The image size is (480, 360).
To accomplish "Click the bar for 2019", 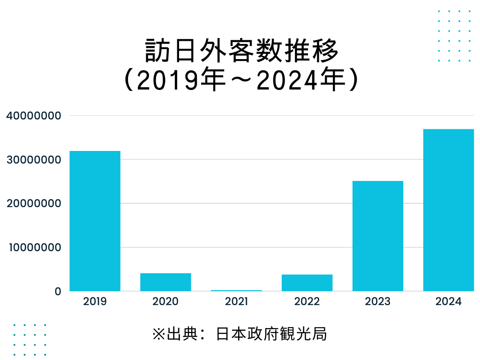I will [95, 221].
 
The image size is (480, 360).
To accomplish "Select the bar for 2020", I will [165, 282].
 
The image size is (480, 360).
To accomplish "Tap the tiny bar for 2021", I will [236, 291].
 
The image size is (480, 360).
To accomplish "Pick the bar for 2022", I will [307, 283].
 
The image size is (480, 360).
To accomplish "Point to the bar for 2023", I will [378, 236].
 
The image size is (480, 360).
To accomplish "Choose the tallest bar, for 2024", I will [449, 210].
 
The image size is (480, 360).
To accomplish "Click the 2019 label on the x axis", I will [95, 301].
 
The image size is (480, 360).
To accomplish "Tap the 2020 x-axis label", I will [165, 301].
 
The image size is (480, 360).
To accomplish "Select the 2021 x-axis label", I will [236, 301].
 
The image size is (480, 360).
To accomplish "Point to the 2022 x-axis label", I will [307, 301].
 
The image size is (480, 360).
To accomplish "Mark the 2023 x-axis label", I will [378, 301].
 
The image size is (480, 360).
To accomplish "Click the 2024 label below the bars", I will [449, 301].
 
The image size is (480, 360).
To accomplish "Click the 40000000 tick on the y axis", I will [33, 115].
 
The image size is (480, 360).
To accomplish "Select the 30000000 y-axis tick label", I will [33, 159].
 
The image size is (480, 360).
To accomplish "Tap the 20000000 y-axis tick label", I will [33, 203].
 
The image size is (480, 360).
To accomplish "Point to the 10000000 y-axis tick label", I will [33, 247].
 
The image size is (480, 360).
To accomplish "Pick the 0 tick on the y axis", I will [58, 291].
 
